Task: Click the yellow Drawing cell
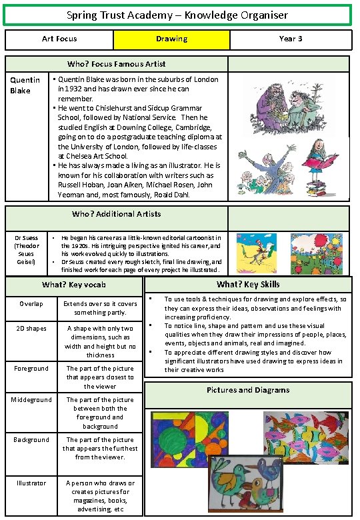(x=171, y=39)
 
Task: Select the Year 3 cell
(x=290, y=39)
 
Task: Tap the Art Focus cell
(x=59, y=39)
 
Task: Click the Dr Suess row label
(x=27, y=250)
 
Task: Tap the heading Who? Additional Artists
(x=116, y=215)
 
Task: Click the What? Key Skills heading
(x=248, y=285)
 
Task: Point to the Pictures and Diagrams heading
(x=248, y=391)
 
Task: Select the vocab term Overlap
(x=31, y=304)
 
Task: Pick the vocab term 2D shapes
(x=31, y=329)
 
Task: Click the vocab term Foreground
(x=31, y=369)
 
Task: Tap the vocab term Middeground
(x=31, y=400)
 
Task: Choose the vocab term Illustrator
(x=31, y=483)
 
